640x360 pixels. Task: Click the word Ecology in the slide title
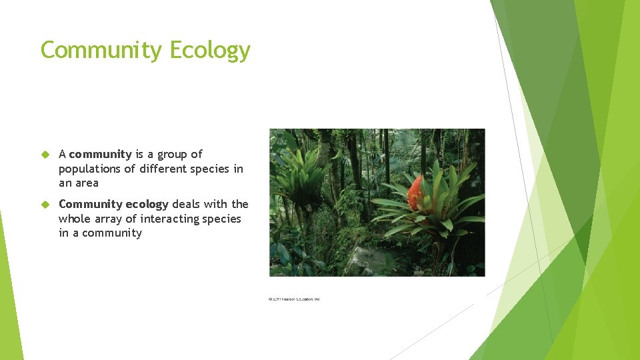(210, 51)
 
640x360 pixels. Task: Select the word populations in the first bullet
(90, 169)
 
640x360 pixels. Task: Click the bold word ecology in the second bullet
(147, 204)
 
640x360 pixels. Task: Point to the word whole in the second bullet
(73, 219)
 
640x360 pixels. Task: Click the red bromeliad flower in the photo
(415, 193)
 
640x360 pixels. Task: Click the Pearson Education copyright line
(294, 299)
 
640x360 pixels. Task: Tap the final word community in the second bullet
(111, 233)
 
